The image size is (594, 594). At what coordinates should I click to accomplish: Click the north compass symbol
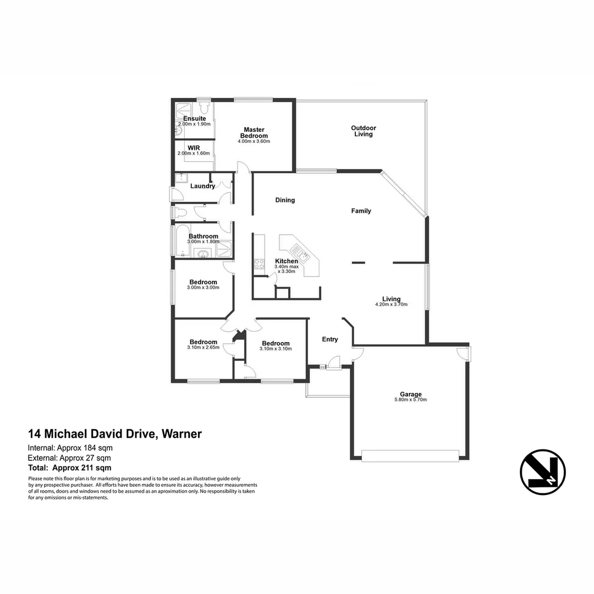point(542,472)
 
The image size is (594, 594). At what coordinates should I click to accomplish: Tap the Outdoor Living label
point(364,131)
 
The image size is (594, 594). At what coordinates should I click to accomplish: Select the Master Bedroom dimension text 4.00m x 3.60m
point(254,141)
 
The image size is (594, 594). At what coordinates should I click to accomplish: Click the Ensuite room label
point(195,118)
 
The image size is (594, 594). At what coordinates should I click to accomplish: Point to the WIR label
point(194,147)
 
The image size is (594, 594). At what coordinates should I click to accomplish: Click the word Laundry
point(202,186)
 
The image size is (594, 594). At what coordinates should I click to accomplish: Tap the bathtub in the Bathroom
point(183,241)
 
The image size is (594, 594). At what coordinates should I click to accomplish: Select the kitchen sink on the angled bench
point(301,255)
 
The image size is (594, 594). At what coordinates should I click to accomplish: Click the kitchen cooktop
point(259,264)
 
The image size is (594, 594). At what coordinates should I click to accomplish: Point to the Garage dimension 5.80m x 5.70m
point(411,400)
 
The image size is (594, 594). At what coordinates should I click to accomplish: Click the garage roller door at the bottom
point(410,455)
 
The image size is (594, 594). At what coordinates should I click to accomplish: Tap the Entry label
point(330,339)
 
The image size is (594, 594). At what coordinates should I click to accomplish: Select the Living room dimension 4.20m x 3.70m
point(391,304)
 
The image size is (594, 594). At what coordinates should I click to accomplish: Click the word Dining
point(285,200)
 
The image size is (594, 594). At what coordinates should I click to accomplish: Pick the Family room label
point(361,211)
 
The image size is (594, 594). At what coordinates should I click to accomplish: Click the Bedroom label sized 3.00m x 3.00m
point(203,282)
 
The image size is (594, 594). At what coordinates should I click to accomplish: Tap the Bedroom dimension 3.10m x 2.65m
point(203,348)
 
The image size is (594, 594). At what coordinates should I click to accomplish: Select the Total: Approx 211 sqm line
point(70,468)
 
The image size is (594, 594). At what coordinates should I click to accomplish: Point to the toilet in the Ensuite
point(204,107)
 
